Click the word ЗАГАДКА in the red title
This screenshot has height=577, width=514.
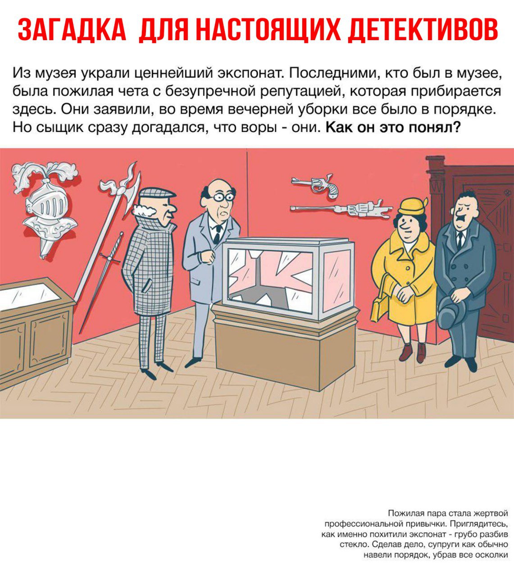(x=72, y=30)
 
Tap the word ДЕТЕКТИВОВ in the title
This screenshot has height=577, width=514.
(x=423, y=30)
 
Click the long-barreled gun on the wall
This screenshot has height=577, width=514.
(x=341, y=209)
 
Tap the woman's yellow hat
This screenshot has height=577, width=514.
(x=412, y=206)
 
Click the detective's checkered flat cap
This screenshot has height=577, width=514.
(x=156, y=194)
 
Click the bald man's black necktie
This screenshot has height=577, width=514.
(x=218, y=234)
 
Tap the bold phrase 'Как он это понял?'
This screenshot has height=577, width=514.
(x=393, y=127)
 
